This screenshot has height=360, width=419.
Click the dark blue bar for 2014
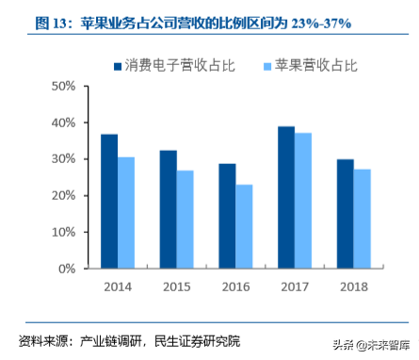point(109,202)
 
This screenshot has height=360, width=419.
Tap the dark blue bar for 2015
point(168,209)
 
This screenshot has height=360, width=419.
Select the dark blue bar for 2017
point(286,197)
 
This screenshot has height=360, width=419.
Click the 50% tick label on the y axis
point(62,87)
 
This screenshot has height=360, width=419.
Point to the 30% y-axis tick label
point(62,159)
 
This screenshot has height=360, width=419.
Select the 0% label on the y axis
point(66,269)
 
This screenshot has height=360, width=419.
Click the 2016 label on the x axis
point(235,285)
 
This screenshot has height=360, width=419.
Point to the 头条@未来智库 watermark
point(367,343)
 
